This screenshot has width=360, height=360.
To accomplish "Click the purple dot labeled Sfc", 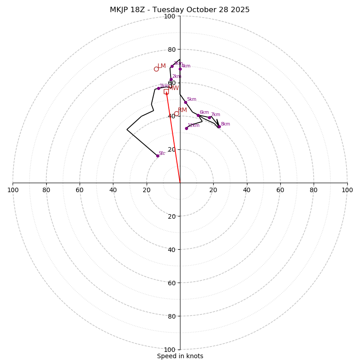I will (157, 156).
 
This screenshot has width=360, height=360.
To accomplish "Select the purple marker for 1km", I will (158, 88).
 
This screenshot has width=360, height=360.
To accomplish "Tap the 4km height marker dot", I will (180, 69).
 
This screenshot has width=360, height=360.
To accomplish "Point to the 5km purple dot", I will (185, 102).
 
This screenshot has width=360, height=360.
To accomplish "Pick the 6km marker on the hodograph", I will (198, 115).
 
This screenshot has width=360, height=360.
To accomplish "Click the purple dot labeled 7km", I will (209, 117).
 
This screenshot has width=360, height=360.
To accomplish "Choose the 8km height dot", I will (219, 126).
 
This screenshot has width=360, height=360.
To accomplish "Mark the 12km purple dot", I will (186, 128).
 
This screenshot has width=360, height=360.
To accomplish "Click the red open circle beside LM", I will (156, 69).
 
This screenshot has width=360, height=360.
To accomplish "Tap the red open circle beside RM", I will (176, 113).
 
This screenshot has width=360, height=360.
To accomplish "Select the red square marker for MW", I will (166, 91).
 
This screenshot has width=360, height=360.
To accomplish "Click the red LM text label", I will (162, 66).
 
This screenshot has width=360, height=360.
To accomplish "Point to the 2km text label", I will (176, 76).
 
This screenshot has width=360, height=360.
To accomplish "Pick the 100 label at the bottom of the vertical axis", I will (170, 350).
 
